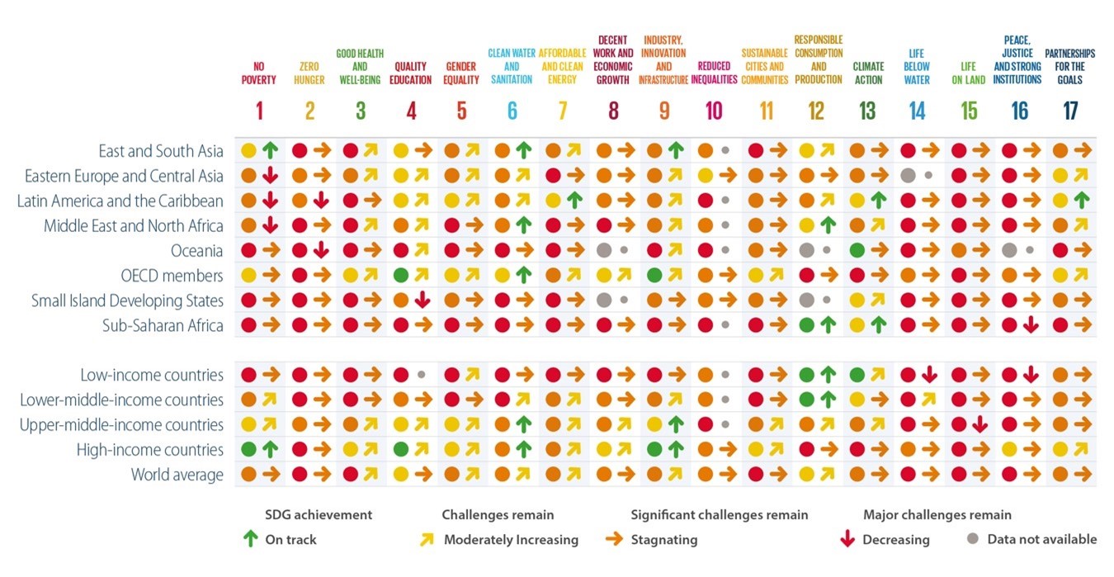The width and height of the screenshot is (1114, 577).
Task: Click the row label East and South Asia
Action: [161, 151]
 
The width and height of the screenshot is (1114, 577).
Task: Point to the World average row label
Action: [177, 475]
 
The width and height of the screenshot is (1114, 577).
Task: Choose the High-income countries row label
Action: [149, 450]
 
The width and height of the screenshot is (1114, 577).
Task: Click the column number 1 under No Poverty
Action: [258, 110]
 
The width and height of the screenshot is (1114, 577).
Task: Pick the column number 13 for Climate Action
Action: [867, 110]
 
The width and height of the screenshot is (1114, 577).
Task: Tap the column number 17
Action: [1070, 110]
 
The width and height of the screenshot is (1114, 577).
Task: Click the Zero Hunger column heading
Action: [309, 73]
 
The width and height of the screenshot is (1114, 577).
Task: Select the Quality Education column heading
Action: [410, 73]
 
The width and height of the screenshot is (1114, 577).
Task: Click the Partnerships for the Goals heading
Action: [1070, 67]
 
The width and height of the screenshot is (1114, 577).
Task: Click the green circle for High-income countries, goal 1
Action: [248, 450]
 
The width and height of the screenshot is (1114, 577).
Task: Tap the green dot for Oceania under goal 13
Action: [857, 250]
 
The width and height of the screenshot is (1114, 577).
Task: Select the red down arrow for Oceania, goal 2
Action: [321, 250]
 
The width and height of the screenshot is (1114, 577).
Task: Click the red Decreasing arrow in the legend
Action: [846, 539]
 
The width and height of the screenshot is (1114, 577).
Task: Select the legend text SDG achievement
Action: [319, 515]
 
